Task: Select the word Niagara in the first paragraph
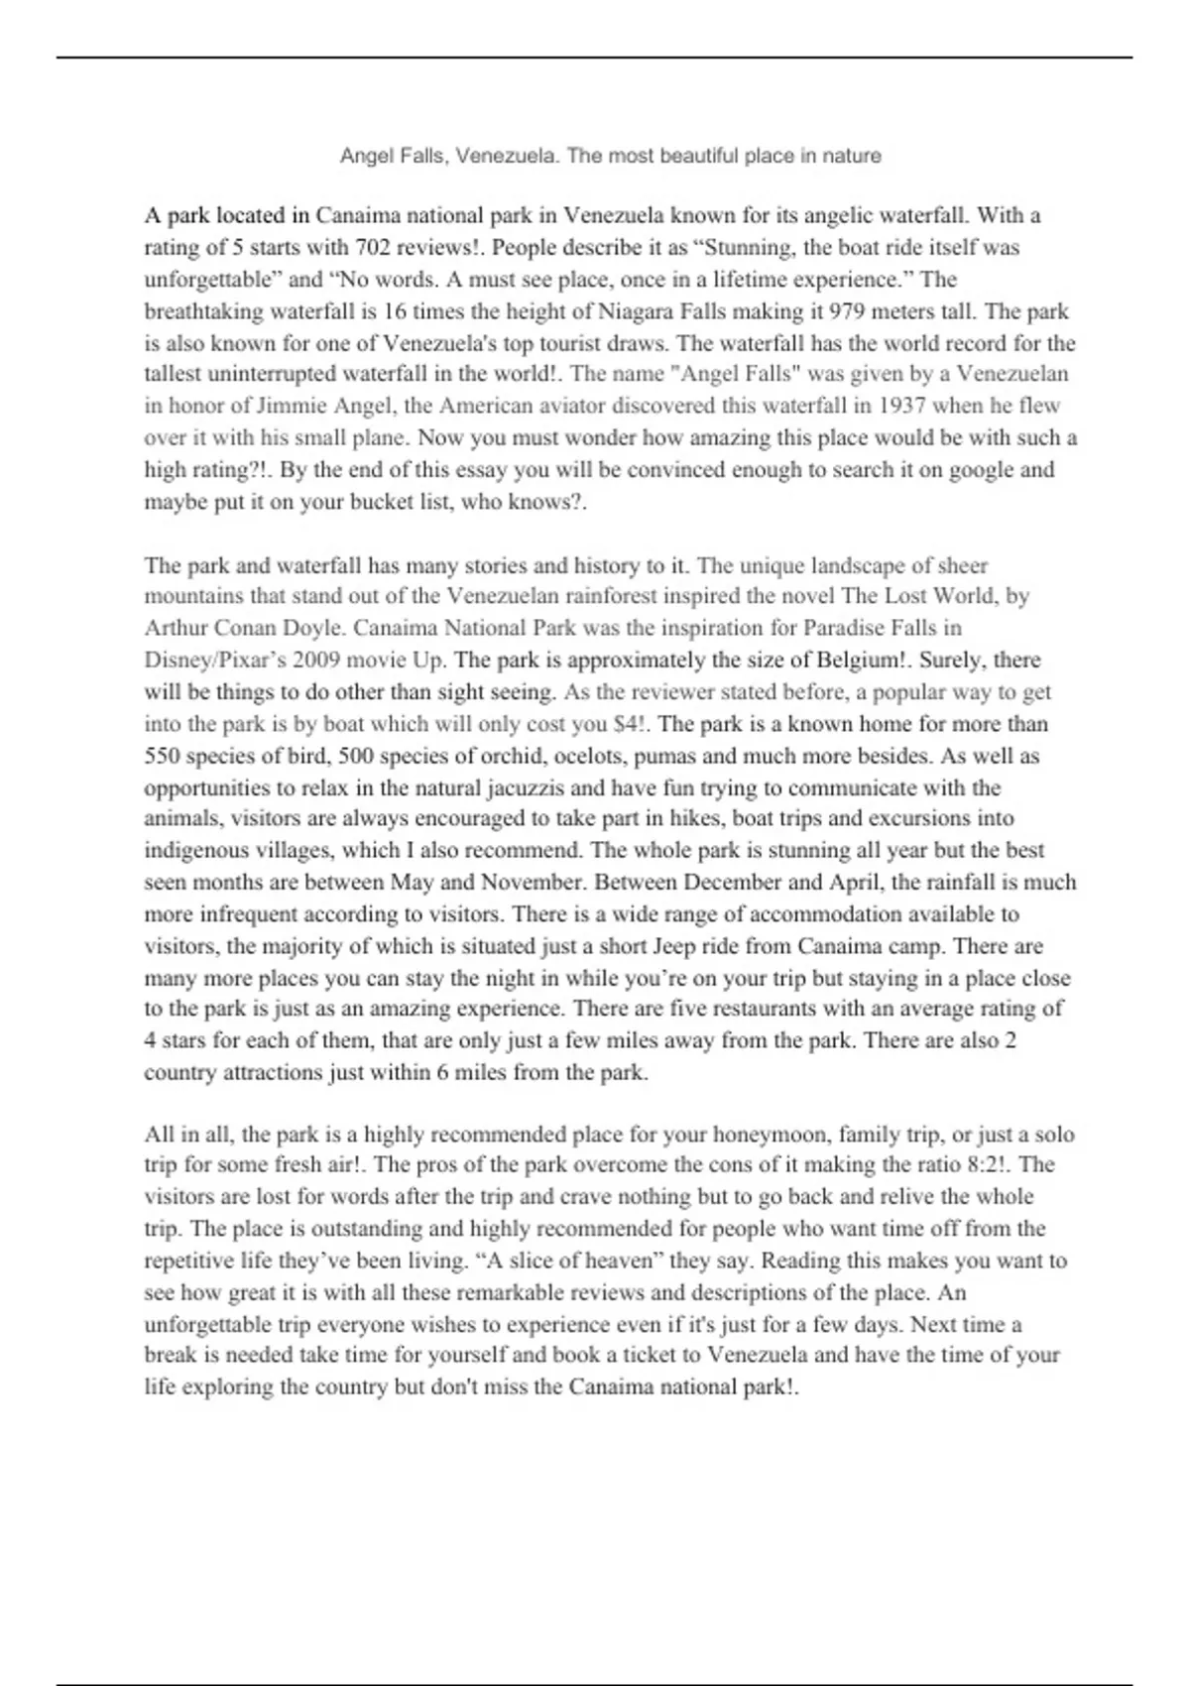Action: [x=637, y=311]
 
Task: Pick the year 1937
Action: [x=902, y=406]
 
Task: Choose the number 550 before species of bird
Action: [x=162, y=756]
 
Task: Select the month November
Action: [x=533, y=883]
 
